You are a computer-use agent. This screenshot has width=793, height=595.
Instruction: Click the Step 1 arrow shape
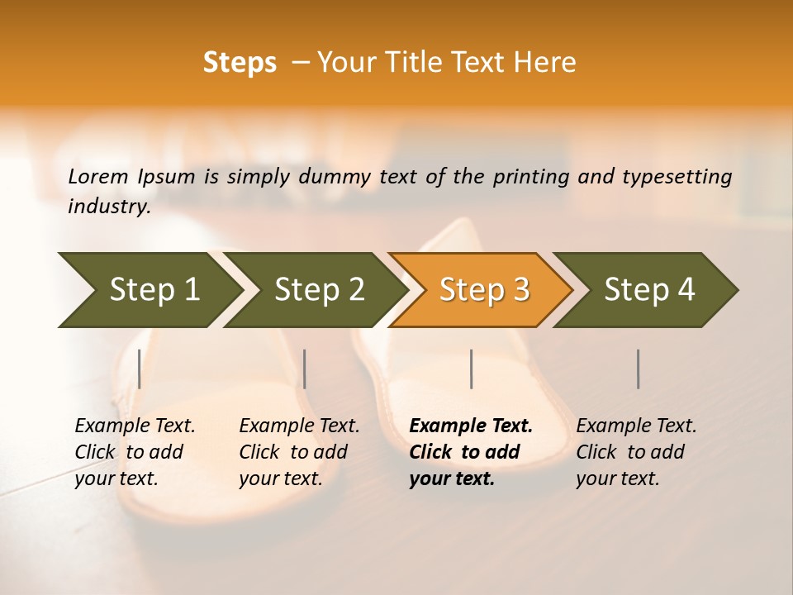pos(149,289)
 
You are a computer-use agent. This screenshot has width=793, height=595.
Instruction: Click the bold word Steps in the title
pos(240,63)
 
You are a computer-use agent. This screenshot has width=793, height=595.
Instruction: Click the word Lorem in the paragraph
pos(98,176)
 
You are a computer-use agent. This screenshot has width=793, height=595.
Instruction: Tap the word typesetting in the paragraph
pos(677,176)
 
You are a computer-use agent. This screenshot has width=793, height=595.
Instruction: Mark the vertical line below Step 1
pos(139,369)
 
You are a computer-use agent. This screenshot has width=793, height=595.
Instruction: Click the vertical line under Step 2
pos(305,369)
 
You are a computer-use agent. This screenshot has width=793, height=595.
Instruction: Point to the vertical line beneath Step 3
pos(471,369)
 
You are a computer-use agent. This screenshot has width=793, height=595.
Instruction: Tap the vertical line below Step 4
pos(638,369)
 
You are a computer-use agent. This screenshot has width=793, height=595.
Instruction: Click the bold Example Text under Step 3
pos(471,426)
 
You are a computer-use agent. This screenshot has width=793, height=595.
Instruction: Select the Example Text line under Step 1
pos(135,426)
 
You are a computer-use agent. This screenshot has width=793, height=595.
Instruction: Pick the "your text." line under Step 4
pos(617,479)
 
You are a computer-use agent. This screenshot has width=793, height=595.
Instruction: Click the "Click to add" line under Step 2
pos(293,453)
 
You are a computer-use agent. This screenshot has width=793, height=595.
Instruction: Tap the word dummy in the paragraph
pos(334,176)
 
